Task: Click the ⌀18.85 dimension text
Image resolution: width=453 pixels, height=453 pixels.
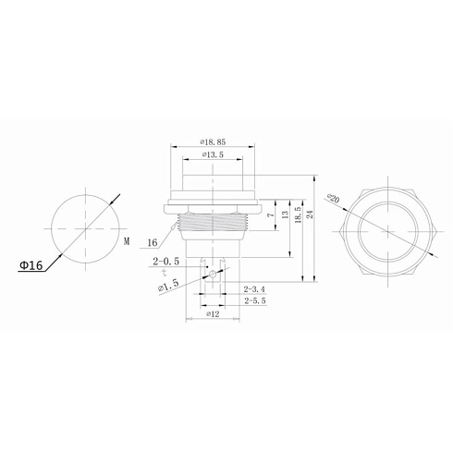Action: (x=214, y=141)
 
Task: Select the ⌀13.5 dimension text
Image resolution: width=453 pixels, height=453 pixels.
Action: (x=214, y=156)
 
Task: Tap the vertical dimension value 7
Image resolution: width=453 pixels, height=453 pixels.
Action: (x=268, y=214)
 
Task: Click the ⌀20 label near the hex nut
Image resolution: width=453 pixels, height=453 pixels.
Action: (x=334, y=198)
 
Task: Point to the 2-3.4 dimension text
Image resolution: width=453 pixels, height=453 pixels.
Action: (x=255, y=289)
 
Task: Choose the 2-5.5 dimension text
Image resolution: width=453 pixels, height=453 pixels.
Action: (x=255, y=301)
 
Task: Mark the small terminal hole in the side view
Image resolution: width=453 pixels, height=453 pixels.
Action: (x=213, y=275)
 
